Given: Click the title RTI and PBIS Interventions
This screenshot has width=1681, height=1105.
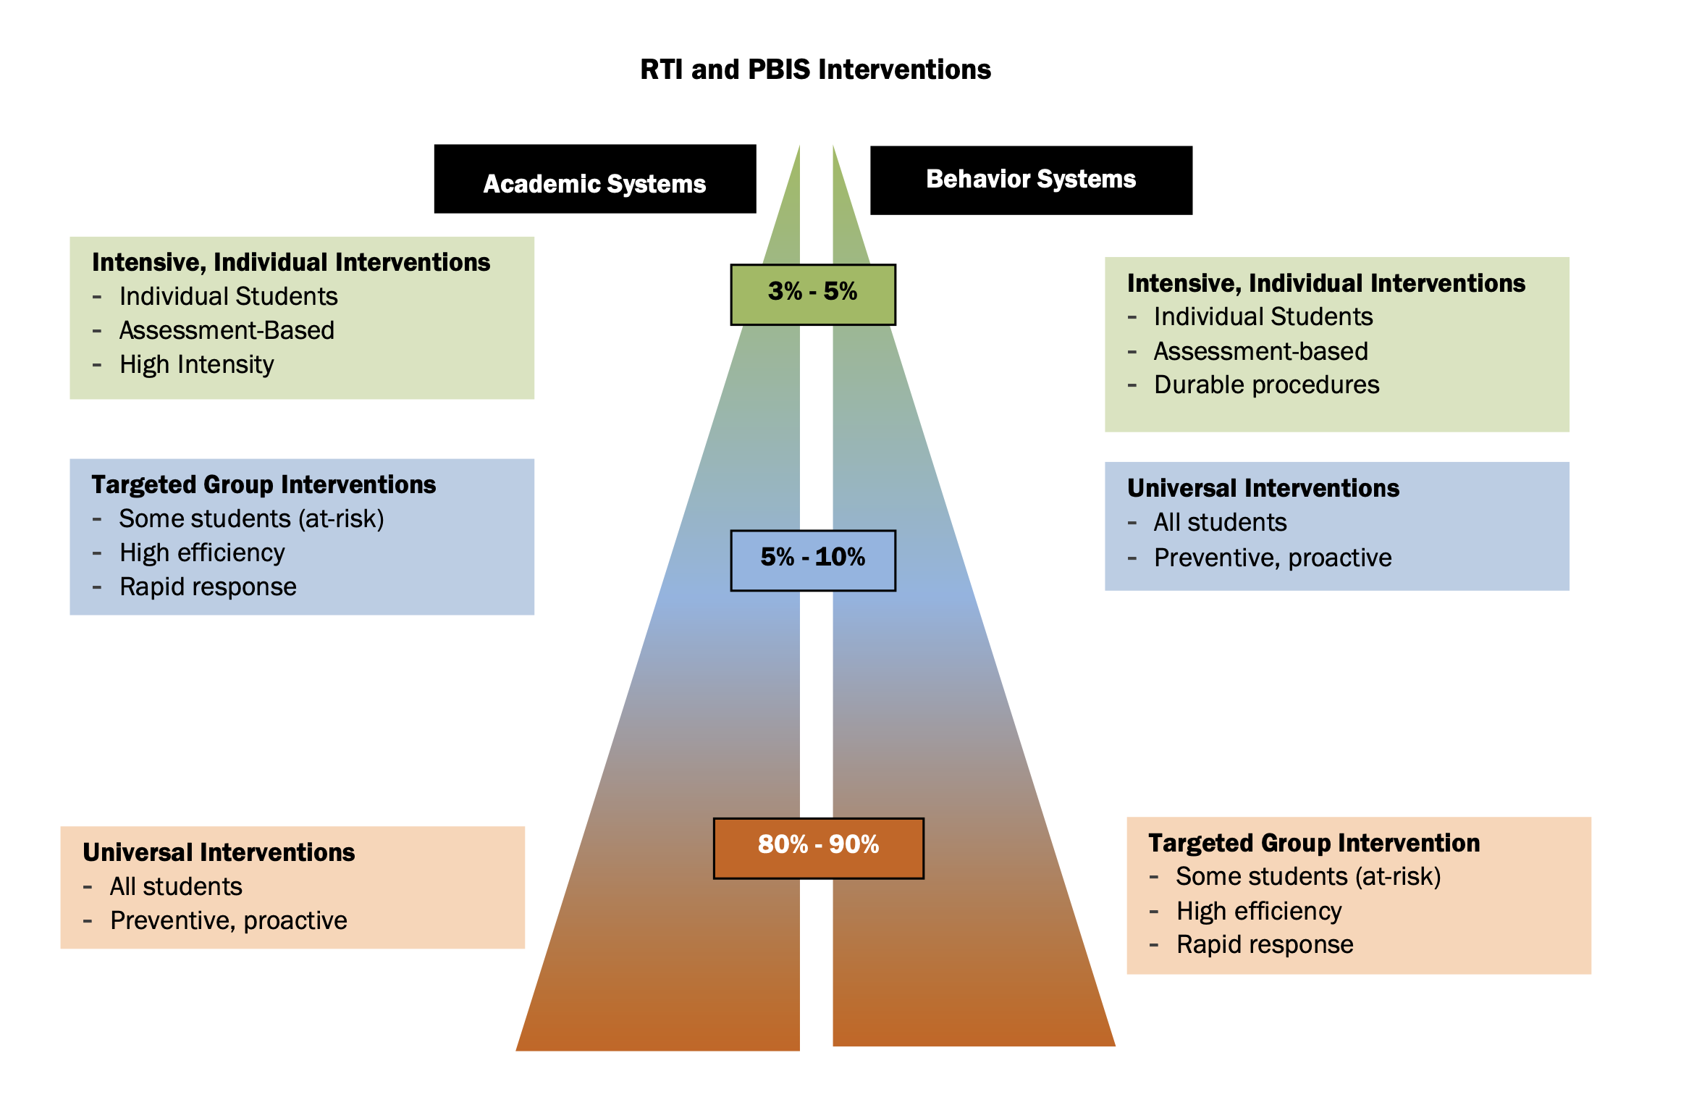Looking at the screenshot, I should pyautogui.click(x=815, y=70).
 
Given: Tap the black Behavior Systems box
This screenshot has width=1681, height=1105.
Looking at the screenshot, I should pyautogui.click(x=1030, y=180).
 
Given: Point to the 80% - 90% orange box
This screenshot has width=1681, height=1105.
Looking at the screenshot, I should pyautogui.click(x=818, y=848).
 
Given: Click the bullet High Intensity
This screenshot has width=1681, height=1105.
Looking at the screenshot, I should pyautogui.click(x=196, y=364).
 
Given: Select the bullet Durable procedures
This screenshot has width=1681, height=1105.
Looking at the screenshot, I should pyautogui.click(x=1266, y=385).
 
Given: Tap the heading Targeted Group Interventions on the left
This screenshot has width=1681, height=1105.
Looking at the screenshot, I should pyautogui.click(x=264, y=484).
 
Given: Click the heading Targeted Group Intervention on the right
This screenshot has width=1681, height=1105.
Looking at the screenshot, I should pyautogui.click(x=1313, y=843).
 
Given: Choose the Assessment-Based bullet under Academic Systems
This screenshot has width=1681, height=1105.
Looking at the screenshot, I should pyautogui.click(x=227, y=330).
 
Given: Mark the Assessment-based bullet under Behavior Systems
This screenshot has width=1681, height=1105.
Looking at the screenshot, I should pyautogui.click(x=1260, y=351).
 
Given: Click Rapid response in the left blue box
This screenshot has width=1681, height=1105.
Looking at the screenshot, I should pyautogui.click(x=208, y=587).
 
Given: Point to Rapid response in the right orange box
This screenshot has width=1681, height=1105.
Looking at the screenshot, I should pyautogui.click(x=1264, y=944).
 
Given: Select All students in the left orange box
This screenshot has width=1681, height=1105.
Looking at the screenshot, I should pyautogui.click(x=176, y=886).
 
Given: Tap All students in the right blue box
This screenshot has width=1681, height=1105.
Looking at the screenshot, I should pyautogui.click(x=1220, y=522).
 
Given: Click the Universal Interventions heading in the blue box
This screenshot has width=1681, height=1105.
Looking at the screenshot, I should pyautogui.click(x=1263, y=488).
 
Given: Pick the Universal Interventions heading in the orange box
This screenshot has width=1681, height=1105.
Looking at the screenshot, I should pyautogui.click(x=219, y=852).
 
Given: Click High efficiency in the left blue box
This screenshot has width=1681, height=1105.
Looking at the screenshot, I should pyautogui.click(x=202, y=552).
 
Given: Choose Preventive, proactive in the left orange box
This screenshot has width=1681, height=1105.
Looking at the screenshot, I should pyautogui.click(x=228, y=920).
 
